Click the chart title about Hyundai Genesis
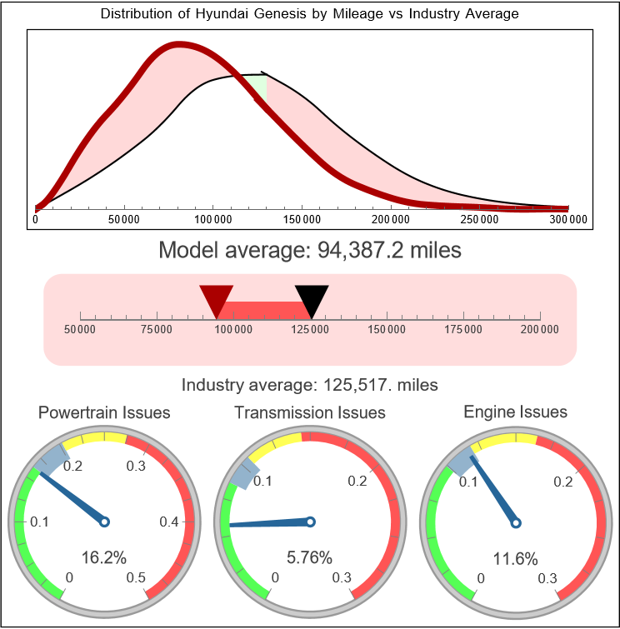click(x=309, y=14)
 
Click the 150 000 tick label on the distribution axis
click(x=301, y=220)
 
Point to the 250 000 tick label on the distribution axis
click(x=479, y=220)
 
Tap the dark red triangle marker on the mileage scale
click(x=217, y=298)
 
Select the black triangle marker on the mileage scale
click(x=312, y=298)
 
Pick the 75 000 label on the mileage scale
click(x=157, y=330)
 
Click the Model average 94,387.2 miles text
click(x=309, y=250)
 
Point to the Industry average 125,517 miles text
click(x=309, y=385)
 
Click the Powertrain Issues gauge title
click(x=104, y=412)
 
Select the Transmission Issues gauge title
click(x=310, y=412)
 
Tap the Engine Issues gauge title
click(x=515, y=412)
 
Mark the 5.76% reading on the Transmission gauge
click(x=310, y=558)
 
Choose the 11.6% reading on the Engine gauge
click(x=515, y=558)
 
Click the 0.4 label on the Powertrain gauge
click(x=170, y=522)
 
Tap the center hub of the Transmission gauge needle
click(x=310, y=522)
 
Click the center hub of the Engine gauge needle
click(x=515, y=522)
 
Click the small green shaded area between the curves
click(x=261, y=84)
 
